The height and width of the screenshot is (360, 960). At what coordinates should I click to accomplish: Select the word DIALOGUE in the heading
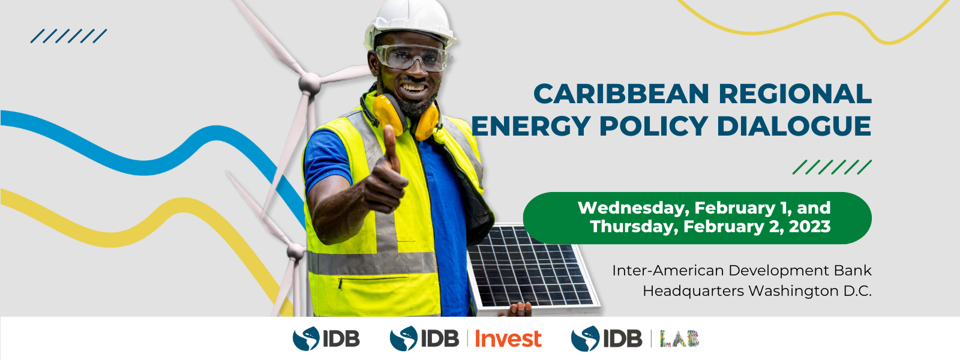[x=794, y=126]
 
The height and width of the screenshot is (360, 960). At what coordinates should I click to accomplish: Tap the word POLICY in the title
[x=653, y=126]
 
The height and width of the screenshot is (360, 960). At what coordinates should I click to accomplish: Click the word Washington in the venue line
[x=793, y=292]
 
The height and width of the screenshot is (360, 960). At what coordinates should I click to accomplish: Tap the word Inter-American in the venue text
[x=668, y=271]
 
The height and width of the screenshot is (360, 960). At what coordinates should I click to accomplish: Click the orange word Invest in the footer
[x=508, y=339]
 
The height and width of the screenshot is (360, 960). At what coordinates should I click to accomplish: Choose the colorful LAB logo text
[x=680, y=338]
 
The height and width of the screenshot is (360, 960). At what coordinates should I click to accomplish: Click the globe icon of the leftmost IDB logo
[x=306, y=338]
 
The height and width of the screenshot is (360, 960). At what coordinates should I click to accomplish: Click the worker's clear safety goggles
[x=412, y=57]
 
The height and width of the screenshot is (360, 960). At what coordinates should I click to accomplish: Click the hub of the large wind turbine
[x=310, y=82]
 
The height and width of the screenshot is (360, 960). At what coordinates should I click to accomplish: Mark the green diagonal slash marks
[x=832, y=167]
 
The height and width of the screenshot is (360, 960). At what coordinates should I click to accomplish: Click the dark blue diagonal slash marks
[x=68, y=36]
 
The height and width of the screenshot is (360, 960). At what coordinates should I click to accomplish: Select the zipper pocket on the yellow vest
[x=373, y=281]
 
